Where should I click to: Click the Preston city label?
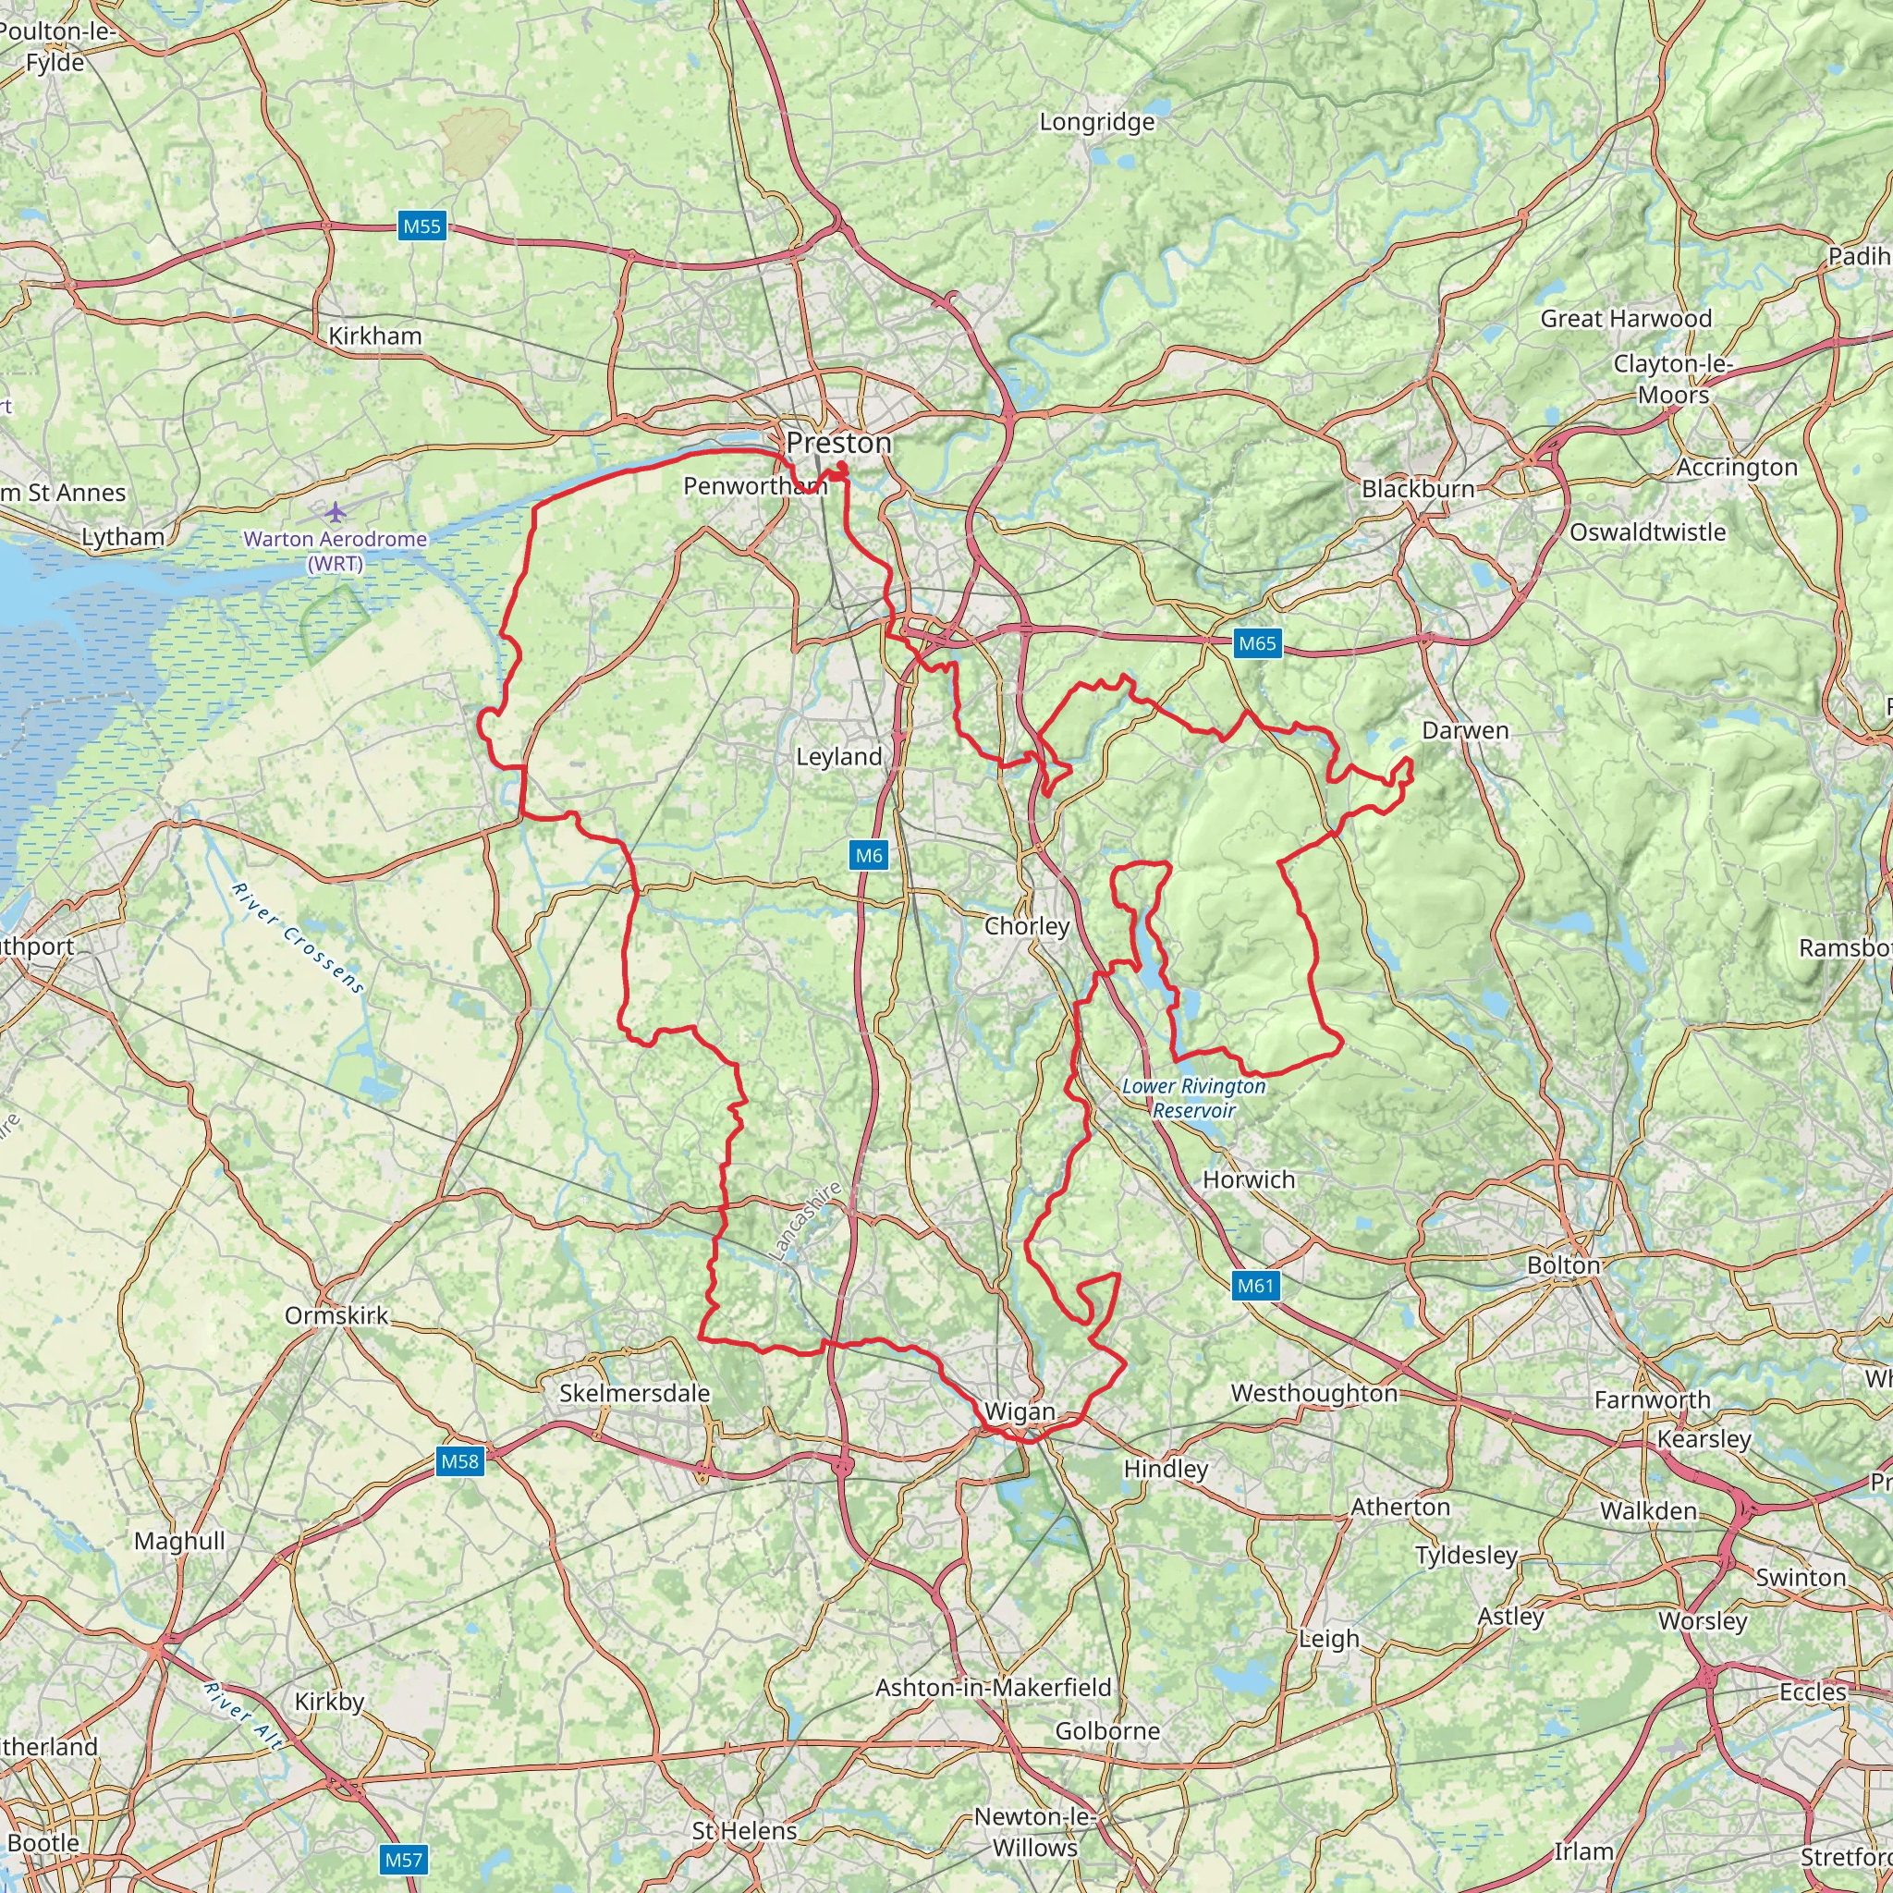tap(838, 443)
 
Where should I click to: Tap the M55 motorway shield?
tap(422, 226)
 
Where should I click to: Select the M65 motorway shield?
tap(1257, 642)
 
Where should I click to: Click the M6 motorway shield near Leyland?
tap(869, 855)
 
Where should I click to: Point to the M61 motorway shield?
tap(1255, 1286)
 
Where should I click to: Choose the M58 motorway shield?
tap(459, 1462)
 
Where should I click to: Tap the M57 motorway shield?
tap(403, 1860)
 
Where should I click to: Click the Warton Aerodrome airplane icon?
tap(336, 511)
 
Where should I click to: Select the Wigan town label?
tap(1020, 1412)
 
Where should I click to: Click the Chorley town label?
tap(1027, 926)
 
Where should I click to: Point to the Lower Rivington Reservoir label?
tap(1193, 1097)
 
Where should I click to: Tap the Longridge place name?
tap(1096, 123)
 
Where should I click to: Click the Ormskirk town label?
tap(336, 1315)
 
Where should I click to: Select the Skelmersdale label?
tap(634, 1392)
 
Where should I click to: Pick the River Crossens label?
tap(298, 937)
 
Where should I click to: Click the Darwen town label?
tap(1465, 730)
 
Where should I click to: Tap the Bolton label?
tap(1563, 1265)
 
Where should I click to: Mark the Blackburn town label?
tap(1417, 489)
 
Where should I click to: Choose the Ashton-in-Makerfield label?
tap(993, 1687)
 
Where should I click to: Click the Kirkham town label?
tap(374, 336)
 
